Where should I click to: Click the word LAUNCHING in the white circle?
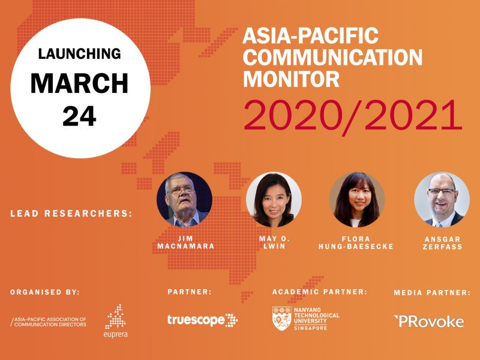[x=79, y=54]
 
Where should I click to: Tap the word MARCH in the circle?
[x=79, y=83]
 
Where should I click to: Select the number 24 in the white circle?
[x=79, y=116]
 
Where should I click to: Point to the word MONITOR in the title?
[x=291, y=79]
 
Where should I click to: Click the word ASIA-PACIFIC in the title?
[x=310, y=35]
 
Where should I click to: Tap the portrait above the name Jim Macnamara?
[x=184, y=200]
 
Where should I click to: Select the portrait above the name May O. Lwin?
[x=274, y=200]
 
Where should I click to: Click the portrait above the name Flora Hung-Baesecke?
[x=357, y=200]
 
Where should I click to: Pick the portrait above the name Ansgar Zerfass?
[x=442, y=200]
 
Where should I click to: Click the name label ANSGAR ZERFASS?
[x=442, y=243]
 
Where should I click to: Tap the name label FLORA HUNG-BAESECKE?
[x=356, y=243]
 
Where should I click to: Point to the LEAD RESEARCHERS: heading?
[x=71, y=214]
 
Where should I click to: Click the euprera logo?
[x=115, y=321]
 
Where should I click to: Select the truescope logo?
[x=202, y=320]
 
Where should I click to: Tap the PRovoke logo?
[x=429, y=322]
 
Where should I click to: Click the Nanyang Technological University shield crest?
[x=282, y=319]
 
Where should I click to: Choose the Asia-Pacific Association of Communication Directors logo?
[x=49, y=322]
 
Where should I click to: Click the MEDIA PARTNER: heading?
[x=432, y=293]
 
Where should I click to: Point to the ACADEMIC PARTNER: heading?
[x=320, y=292]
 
